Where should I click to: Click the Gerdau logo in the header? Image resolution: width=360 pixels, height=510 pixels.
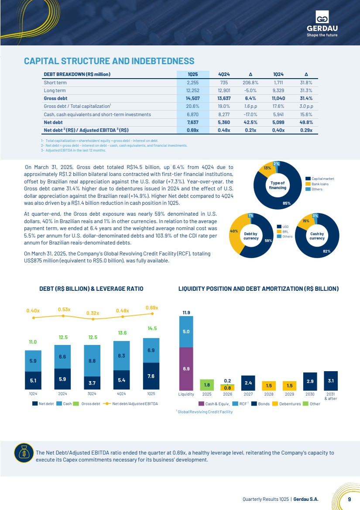point(322,24)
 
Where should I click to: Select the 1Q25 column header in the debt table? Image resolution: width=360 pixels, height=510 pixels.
point(193,74)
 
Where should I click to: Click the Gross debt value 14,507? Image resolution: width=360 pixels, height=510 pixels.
point(193,98)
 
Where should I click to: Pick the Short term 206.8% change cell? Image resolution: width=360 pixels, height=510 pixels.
point(250,83)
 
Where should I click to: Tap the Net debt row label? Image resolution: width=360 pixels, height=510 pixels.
point(53,122)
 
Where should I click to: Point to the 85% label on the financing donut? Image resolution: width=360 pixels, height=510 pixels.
point(287,203)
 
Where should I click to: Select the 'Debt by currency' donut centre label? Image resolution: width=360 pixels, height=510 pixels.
point(251,236)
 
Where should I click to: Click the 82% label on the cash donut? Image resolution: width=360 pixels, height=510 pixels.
point(326,251)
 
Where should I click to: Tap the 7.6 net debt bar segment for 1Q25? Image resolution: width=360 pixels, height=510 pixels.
point(151,376)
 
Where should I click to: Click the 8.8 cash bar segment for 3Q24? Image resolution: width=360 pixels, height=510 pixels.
point(92,361)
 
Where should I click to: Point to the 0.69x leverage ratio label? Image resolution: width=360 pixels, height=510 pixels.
point(152,308)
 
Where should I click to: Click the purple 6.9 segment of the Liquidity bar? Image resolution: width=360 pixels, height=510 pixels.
point(186,369)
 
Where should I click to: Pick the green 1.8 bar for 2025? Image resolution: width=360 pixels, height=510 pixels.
point(207,385)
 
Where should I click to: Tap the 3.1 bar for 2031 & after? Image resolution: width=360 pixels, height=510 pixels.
point(331,381)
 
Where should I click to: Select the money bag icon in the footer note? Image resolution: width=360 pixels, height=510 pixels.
point(24,453)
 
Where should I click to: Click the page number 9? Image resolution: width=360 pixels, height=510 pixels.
point(349,499)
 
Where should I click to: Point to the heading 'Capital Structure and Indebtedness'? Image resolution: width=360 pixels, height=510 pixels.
point(109,61)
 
